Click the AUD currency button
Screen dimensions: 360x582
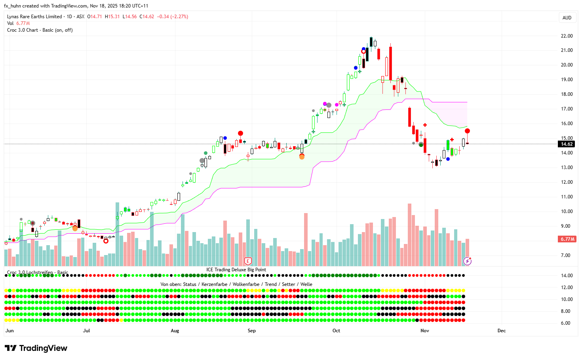[x=567, y=17]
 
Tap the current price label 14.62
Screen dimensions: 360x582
[x=567, y=144]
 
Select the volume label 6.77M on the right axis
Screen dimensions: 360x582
[x=567, y=239]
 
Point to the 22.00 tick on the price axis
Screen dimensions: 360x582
[x=567, y=36]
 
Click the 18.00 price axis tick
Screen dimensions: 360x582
[x=567, y=94]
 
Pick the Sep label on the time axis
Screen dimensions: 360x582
[x=251, y=331]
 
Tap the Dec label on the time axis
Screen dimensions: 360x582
[x=501, y=331]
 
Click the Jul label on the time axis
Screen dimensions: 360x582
[x=86, y=331]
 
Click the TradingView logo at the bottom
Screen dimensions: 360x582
[x=36, y=348]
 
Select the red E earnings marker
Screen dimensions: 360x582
[x=248, y=261]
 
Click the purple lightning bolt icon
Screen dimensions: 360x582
[x=468, y=261]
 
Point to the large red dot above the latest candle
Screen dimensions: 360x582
[x=467, y=131]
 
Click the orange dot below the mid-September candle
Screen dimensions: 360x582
[x=302, y=157]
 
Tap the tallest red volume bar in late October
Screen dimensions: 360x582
[x=409, y=234]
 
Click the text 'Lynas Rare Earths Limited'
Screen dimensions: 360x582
[x=34, y=17]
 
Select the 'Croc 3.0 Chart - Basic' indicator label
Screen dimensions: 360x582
[x=40, y=30]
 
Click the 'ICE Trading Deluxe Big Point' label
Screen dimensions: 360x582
[x=236, y=270]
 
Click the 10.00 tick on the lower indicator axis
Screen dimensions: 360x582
[x=567, y=299]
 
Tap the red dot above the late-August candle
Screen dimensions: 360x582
[x=240, y=133]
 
